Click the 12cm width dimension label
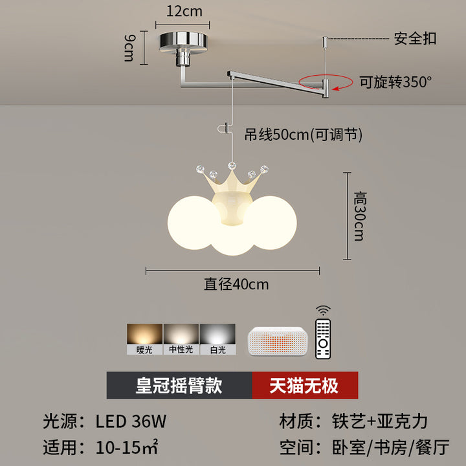pyautogui.click(x=184, y=12)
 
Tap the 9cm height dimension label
pyautogui.click(x=129, y=48)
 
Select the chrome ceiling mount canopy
pyautogui.click(x=183, y=43)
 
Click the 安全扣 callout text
pyautogui.click(x=415, y=39)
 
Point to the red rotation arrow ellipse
pyautogui.click(x=326, y=82)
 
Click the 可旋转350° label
pyautogui.click(x=395, y=82)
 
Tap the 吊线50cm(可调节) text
pyautogui.click(x=304, y=135)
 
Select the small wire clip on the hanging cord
pyautogui.click(x=224, y=129)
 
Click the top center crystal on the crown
pyautogui.click(x=232, y=166)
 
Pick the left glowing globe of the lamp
pyautogui.click(x=193, y=223)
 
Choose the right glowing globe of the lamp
pyautogui.click(x=271, y=223)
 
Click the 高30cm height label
pyautogui.click(x=360, y=216)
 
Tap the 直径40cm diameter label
pyautogui.click(x=236, y=284)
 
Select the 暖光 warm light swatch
pyautogui.click(x=145, y=339)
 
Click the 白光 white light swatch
pyautogui.click(x=218, y=339)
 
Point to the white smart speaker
pyautogui.click(x=278, y=341)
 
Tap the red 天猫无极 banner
pyautogui.click(x=305, y=385)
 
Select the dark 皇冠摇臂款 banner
pyautogui.click(x=179, y=385)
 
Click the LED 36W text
pyautogui.click(x=131, y=421)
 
